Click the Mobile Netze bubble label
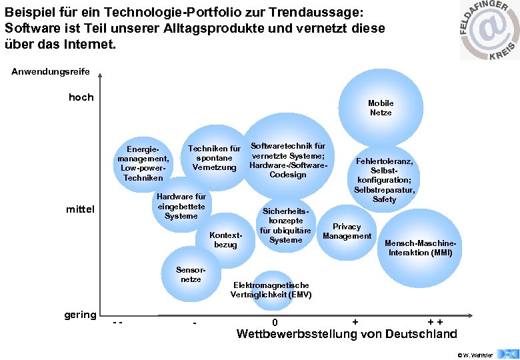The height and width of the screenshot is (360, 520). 381,108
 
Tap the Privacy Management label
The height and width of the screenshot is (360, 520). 347,231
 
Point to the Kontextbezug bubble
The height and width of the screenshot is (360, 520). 225,240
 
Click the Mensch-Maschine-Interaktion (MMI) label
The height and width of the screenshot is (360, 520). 420,248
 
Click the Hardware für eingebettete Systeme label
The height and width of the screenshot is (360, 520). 181,207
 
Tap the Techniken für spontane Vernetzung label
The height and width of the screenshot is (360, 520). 214,158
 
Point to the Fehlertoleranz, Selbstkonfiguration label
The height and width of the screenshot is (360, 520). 385,180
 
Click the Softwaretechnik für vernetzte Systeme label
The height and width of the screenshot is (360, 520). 287,160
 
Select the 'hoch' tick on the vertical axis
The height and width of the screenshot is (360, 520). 81,97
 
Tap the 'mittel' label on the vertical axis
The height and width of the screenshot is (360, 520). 81,210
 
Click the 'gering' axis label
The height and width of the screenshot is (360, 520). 80,315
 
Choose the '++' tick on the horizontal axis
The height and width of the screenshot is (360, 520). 436,323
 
